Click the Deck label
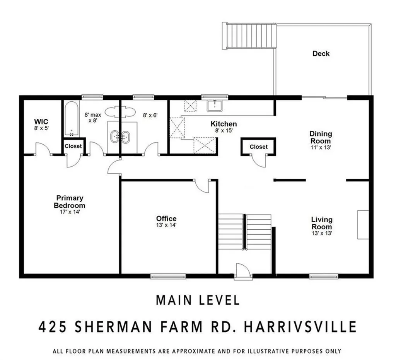(x=321, y=54)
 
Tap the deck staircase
(x=249, y=36)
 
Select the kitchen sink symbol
(x=214, y=105)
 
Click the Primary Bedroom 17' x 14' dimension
(x=69, y=212)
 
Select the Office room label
(x=166, y=218)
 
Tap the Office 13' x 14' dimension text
(x=166, y=225)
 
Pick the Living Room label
(x=322, y=223)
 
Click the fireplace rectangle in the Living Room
(x=363, y=225)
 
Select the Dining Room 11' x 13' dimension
(x=321, y=147)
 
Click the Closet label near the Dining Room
(x=258, y=147)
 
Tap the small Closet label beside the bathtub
(x=73, y=146)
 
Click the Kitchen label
(x=224, y=124)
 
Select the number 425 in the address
(x=52, y=327)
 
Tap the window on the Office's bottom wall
(x=168, y=276)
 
